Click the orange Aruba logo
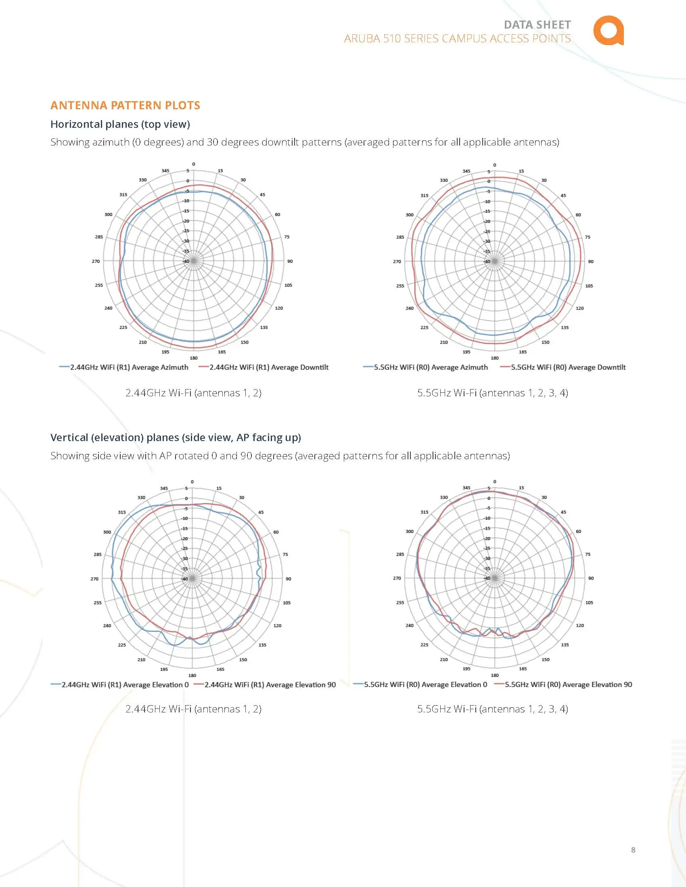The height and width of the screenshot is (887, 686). (x=608, y=31)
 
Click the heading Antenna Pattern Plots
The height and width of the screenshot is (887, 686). (x=125, y=105)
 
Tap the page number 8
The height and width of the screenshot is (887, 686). (x=633, y=850)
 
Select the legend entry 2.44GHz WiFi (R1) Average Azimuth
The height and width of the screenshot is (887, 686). (x=129, y=367)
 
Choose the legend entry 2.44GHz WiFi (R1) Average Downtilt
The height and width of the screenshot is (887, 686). (x=269, y=367)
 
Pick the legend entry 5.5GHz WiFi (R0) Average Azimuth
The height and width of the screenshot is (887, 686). (x=431, y=367)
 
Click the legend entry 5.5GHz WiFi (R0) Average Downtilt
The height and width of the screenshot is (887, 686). (x=568, y=367)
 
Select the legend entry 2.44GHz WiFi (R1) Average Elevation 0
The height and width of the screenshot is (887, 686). (x=125, y=684)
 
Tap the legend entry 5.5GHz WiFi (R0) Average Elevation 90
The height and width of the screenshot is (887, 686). (x=568, y=684)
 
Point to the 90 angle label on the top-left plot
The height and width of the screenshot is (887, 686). (x=290, y=261)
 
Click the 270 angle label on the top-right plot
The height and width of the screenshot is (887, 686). (x=397, y=262)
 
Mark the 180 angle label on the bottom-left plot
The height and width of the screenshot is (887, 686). (x=192, y=675)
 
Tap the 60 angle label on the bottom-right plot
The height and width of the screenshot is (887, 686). (x=578, y=531)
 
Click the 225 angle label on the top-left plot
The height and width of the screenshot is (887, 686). (x=123, y=327)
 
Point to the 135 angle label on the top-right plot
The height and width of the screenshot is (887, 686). (x=565, y=327)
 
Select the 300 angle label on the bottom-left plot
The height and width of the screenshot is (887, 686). (x=107, y=532)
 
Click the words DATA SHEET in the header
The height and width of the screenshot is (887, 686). (x=537, y=25)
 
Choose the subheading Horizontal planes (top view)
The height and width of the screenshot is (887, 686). (x=120, y=124)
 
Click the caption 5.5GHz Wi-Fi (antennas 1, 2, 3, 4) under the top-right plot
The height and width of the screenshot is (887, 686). (x=493, y=393)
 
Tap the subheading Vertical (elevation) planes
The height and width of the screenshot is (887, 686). (x=176, y=437)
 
